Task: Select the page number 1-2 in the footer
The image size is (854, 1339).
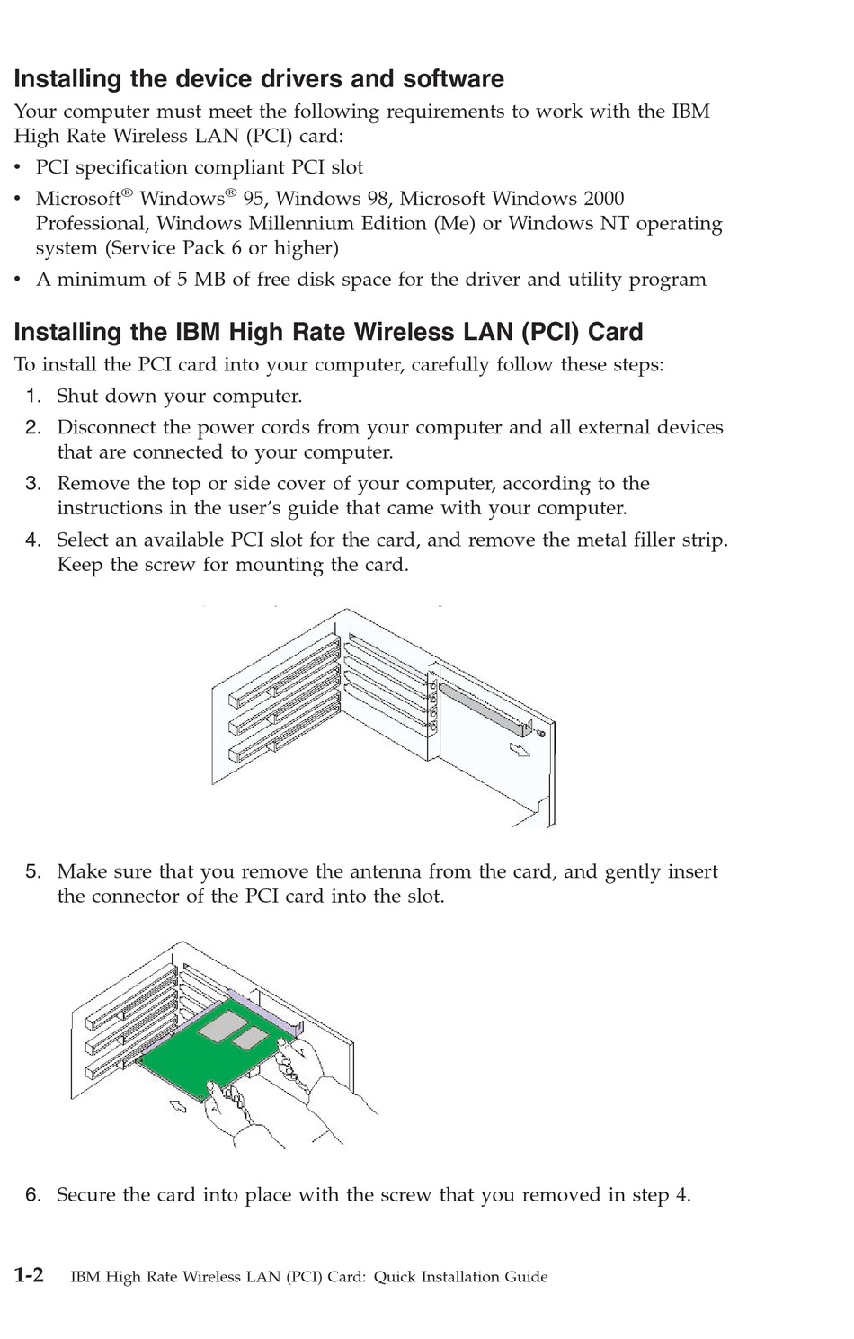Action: pyautogui.click(x=29, y=1275)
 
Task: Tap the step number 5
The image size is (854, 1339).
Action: pyautogui.click(x=32, y=871)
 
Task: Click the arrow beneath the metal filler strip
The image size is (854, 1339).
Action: pyautogui.click(x=519, y=749)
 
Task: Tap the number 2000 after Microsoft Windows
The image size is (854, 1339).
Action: pyautogui.click(x=603, y=199)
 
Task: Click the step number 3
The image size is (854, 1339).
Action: pyautogui.click(x=32, y=484)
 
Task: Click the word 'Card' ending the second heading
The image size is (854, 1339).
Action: pyautogui.click(x=616, y=333)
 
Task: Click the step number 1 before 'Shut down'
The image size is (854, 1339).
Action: pyautogui.click(x=32, y=397)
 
